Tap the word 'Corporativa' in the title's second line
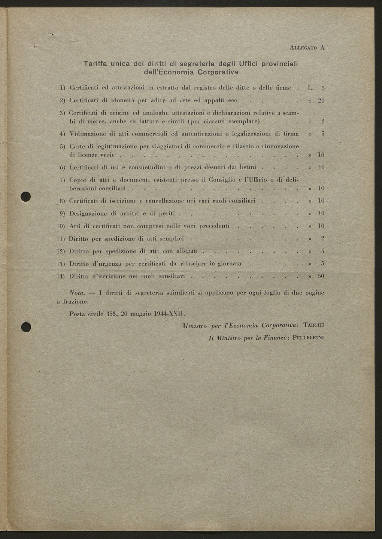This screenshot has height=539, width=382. click(x=218, y=71)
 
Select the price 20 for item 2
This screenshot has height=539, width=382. click(x=321, y=101)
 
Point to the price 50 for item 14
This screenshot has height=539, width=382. click(x=321, y=276)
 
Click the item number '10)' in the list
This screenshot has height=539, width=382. click(x=61, y=226)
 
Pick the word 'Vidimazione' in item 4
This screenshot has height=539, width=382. click(x=88, y=134)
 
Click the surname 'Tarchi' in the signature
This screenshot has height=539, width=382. click(x=313, y=325)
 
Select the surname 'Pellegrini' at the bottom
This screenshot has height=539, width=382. click(x=308, y=338)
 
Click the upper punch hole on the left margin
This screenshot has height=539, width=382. click(x=25, y=197)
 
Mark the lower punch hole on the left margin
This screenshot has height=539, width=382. click(x=25, y=327)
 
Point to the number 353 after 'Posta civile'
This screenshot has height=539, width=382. click(x=111, y=314)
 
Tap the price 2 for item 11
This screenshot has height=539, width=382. click(x=322, y=238)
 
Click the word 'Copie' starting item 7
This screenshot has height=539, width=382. click(x=78, y=180)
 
